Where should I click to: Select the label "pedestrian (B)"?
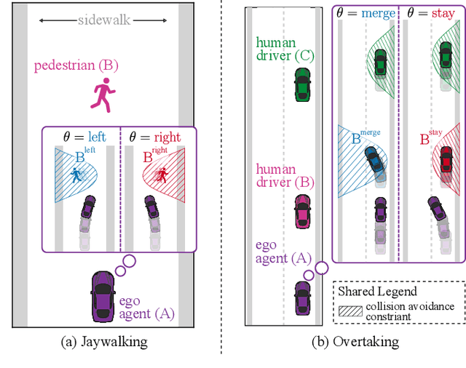click(x=76, y=66)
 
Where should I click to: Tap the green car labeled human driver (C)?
click(x=301, y=84)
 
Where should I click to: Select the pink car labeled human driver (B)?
click(x=301, y=211)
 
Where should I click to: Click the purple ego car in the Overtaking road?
click(x=301, y=297)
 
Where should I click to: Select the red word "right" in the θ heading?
click(x=167, y=137)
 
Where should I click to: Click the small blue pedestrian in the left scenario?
click(x=76, y=175)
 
